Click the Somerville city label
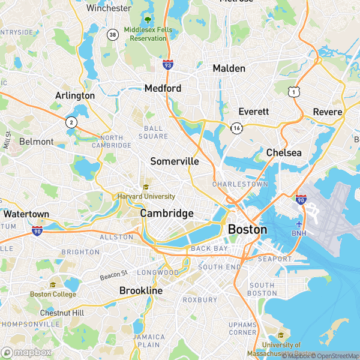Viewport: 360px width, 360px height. [175, 161]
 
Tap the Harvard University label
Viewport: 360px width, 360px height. [146, 196]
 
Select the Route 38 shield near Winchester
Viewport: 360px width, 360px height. [112, 35]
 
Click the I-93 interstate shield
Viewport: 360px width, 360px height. [167, 65]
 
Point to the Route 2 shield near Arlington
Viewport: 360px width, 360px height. [71, 122]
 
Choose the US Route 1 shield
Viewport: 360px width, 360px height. [293, 91]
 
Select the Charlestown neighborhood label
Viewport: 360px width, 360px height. [240, 184]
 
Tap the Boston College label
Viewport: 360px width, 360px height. [53, 294]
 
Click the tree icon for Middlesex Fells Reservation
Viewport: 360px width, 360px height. [148, 20]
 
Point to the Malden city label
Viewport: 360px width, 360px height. [229, 68]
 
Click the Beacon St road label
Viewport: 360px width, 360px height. [114, 274]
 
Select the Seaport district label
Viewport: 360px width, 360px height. [274, 259]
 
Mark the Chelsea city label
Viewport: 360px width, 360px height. [284, 153]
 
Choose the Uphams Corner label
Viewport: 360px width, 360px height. [242, 328]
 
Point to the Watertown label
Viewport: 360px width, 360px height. [26, 214]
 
